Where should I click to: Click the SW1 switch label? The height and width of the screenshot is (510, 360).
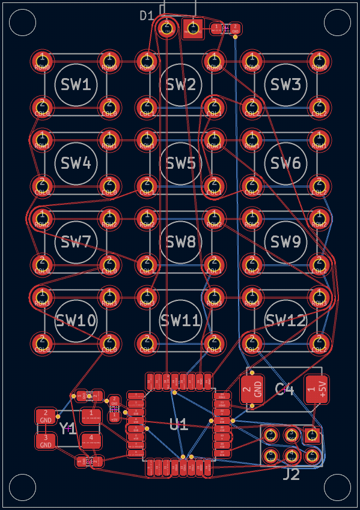tap(76, 85)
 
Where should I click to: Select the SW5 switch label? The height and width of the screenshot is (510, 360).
tap(181, 163)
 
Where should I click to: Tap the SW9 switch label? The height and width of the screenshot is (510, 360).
tap(285, 242)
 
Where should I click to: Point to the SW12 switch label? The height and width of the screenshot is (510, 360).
tap(285, 321)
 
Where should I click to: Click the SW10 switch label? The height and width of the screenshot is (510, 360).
tap(76, 321)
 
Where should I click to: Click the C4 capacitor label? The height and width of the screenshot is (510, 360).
tap(285, 390)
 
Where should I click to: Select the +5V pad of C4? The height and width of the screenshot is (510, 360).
tap(317, 389)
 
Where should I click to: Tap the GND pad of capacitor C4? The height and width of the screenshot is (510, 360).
tap(252, 389)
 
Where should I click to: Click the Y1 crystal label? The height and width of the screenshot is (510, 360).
tap(67, 429)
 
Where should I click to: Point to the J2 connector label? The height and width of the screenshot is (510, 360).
tap(291, 475)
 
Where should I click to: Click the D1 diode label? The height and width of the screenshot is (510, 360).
tap(147, 16)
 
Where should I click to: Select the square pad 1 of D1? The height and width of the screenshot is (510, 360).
tap(193, 28)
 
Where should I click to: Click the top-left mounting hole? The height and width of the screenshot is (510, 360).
tap(23, 22)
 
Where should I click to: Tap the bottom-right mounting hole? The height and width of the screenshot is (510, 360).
tap(337, 487)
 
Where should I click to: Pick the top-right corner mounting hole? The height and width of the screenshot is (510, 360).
tap(337, 22)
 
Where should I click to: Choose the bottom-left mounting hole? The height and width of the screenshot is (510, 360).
tap(23, 487)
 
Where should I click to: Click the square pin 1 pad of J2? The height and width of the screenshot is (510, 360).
tap(311, 435)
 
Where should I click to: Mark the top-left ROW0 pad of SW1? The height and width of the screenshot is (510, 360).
tap(42, 59)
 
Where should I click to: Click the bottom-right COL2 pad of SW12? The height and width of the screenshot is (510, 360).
tap(319, 343)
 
